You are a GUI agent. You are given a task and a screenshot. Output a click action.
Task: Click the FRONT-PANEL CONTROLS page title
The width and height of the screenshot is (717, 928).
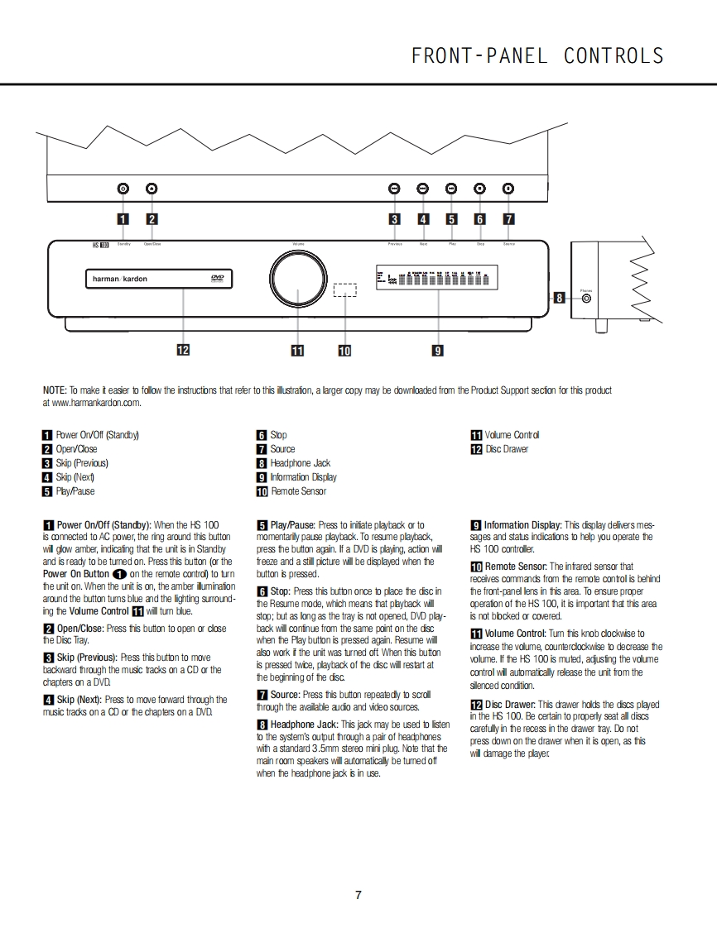[x=537, y=56]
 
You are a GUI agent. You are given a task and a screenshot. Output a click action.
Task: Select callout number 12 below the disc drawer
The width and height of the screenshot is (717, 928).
[x=183, y=350]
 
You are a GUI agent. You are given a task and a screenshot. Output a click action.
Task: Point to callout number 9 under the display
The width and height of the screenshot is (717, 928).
[x=438, y=350]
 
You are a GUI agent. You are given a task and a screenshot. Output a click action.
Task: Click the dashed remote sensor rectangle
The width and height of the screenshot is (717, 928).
[x=344, y=290]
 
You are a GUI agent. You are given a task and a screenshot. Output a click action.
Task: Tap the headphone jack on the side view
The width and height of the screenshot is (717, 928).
[x=586, y=298]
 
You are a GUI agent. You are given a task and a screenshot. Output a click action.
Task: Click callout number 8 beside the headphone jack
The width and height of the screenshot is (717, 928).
[x=560, y=298]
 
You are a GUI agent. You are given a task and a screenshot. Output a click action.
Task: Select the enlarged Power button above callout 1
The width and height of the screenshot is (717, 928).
[x=123, y=189]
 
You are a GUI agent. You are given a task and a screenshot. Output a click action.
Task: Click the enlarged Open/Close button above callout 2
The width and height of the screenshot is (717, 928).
[x=152, y=189]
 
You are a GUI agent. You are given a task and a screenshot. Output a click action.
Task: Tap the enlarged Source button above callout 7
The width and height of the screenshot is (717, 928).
[x=508, y=189]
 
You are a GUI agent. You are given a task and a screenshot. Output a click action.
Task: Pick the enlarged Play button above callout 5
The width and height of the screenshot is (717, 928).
[x=451, y=189]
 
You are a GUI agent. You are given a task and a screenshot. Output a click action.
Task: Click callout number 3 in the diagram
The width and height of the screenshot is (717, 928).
[x=395, y=219]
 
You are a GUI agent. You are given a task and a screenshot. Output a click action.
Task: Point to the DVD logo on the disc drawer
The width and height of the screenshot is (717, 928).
[x=217, y=279]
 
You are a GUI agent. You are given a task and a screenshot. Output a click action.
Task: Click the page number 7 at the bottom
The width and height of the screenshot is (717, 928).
[x=358, y=895]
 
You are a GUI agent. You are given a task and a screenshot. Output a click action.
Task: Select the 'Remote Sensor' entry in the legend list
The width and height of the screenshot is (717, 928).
[x=298, y=491]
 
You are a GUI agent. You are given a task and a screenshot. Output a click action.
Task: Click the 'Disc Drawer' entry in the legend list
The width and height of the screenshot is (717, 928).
[x=506, y=449]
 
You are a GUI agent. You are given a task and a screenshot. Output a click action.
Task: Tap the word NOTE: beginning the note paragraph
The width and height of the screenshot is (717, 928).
[x=55, y=390]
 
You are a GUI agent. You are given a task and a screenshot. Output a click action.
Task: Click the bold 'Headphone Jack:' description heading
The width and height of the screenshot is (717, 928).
[x=305, y=724]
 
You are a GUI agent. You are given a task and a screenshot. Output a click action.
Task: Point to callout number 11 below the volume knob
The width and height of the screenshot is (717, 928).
[x=297, y=350]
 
